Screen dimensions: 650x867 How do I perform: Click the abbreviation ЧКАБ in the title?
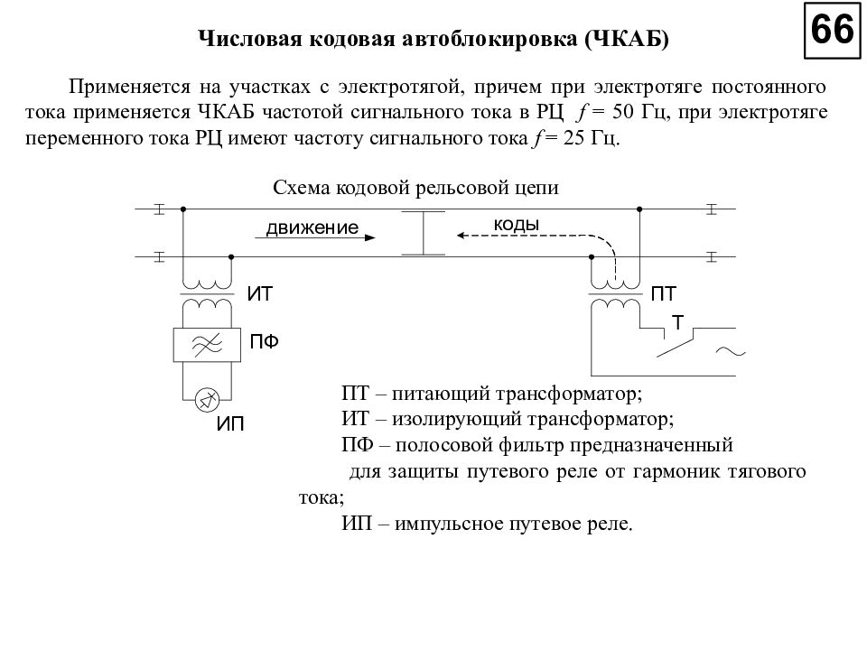[x=630, y=40]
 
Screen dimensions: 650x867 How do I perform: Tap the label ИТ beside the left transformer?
[x=260, y=294]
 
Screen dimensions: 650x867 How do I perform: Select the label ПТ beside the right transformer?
[x=664, y=294]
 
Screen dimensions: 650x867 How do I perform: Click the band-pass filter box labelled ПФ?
[x=207, y=344]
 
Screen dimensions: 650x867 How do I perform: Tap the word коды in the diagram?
[x=517, y=224]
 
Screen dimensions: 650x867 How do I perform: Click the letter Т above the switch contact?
[x=676, y=321]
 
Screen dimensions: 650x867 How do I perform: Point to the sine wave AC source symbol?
[x=730, y=352]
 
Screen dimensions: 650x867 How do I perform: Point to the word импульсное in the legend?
[x=449, y=524]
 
